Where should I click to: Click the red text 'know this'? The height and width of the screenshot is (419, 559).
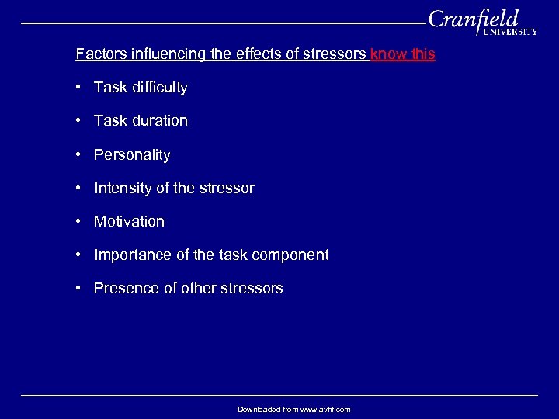pyautogui.click(x=403, y=54)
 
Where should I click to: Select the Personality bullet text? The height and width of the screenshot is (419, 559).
pyautogui.click(x=132, y=155)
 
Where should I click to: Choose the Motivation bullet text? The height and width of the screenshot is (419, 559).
pyautogui.click(x=129, y=222)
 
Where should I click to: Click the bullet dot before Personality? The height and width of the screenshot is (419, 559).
pyautogui.click(x=79, y=154)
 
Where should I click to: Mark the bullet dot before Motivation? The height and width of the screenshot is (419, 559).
pyautogui.click(x=79, y=221)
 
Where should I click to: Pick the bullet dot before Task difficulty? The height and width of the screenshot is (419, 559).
pyautogui.click(x=79, y=87)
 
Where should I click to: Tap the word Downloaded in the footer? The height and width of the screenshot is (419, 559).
pyautogui.click(x=258, y=409)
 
